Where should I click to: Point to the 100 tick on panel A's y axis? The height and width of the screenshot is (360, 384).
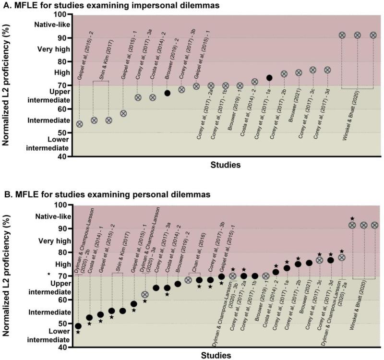click(65, 15)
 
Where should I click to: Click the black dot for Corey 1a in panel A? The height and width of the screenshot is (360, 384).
click(269, 78)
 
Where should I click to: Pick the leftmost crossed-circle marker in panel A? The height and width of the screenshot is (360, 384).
click(80, 124)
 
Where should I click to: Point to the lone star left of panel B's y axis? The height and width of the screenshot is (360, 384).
click(49, 274)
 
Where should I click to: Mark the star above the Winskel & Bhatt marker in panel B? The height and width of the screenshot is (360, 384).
click(352, 219)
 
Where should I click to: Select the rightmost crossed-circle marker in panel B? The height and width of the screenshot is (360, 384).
click(375, 225)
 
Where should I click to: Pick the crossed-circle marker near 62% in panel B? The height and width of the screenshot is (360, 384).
click(144, 294)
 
